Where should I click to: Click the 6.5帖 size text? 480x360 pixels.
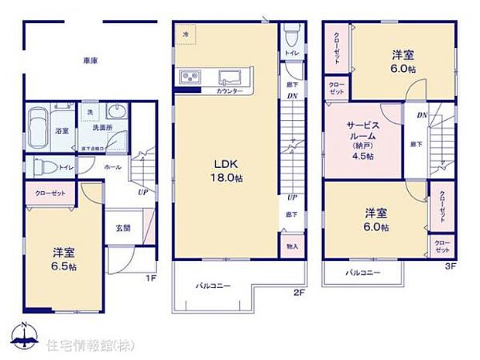[64, 266]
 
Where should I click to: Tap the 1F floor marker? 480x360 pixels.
[153, 277]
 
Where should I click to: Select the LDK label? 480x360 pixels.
[225, 163]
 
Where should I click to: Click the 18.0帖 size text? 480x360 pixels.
[225, 178]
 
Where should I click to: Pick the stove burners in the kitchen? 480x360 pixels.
[190, 77]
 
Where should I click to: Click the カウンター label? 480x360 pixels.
[230, 91]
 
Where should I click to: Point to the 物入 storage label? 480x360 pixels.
[291, 246]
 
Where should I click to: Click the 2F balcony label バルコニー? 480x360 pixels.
[213, 286]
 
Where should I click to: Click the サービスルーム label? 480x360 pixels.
[362, 129]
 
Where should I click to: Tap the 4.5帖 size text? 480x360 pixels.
[362, 156]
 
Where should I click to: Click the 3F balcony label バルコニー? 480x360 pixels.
[361, 273]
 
